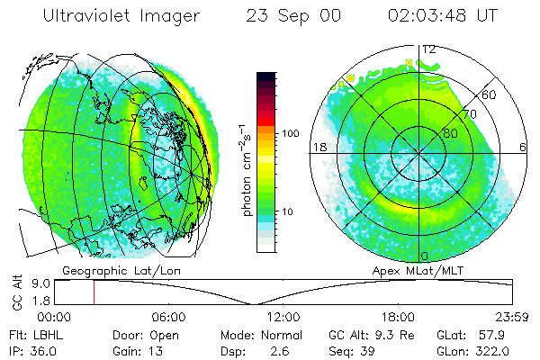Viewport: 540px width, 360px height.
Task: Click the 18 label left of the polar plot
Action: [318, 148]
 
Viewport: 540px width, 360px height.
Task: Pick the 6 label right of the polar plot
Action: [524, 148]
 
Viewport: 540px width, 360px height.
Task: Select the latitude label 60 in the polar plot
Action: [489, 94]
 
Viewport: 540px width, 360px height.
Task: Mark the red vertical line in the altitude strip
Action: [94, 292]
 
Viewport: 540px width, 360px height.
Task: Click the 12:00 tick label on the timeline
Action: [283, 317]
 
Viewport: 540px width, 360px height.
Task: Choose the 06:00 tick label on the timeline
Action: [169, 317]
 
